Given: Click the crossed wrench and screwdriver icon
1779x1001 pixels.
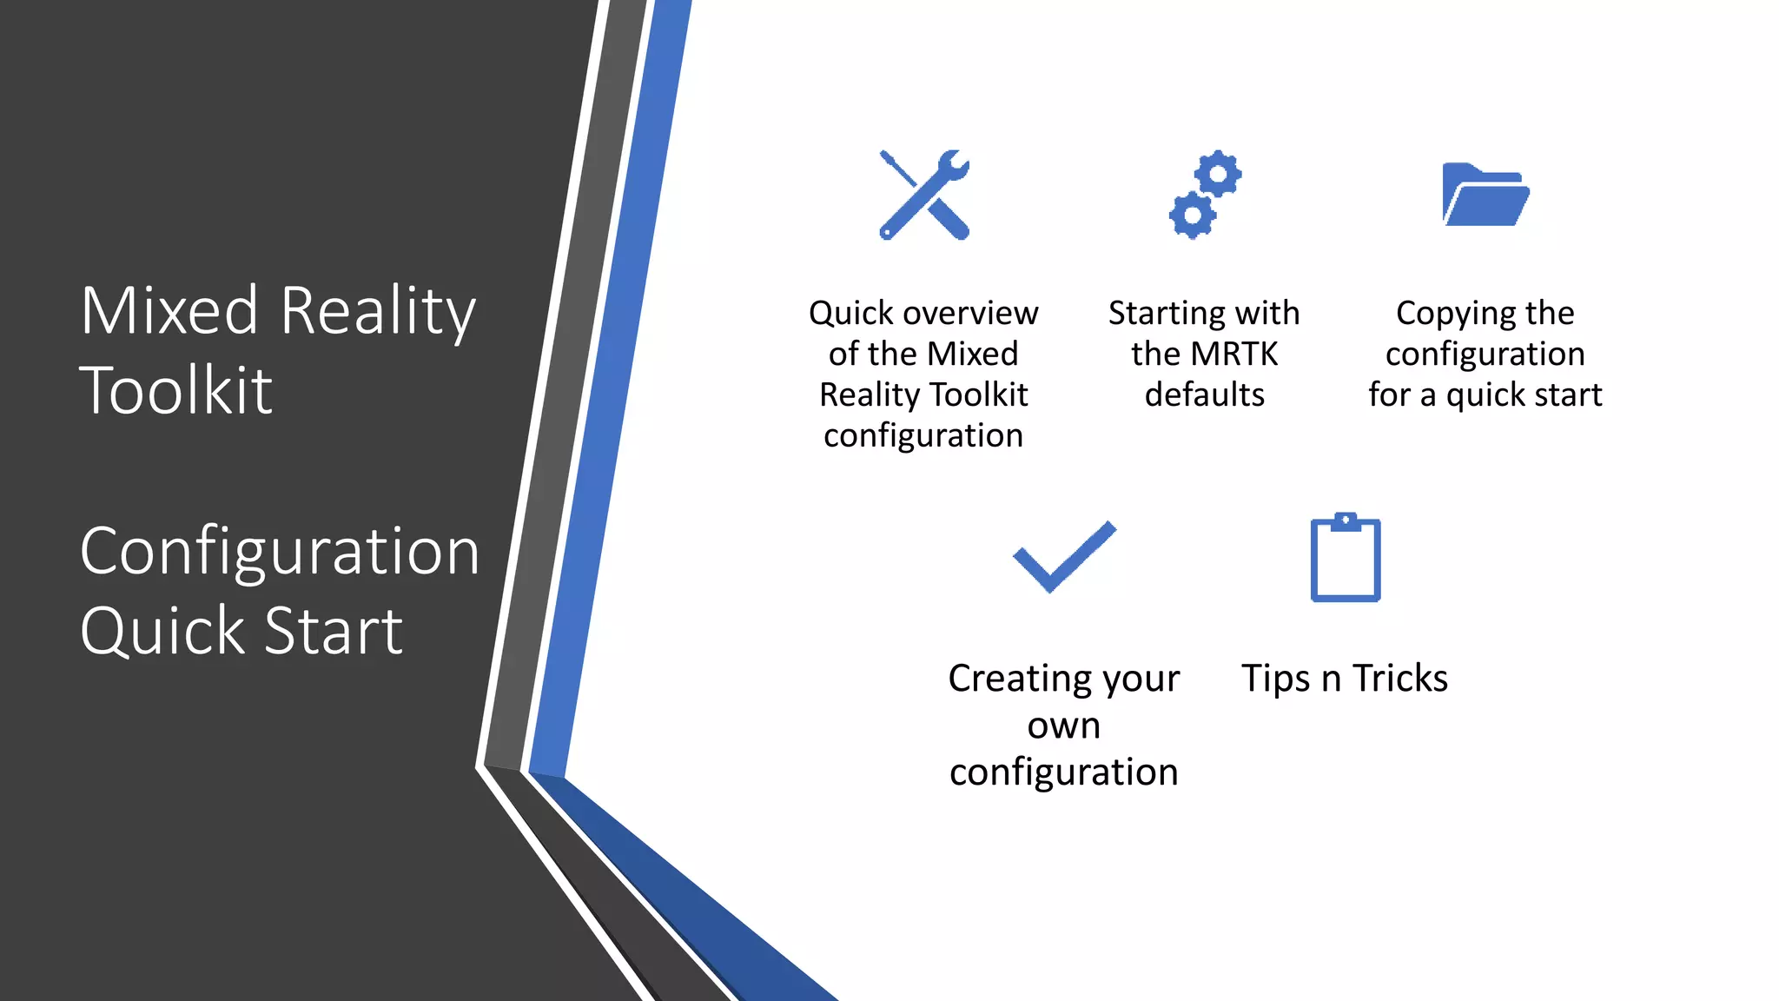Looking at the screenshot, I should (x=923, y=195).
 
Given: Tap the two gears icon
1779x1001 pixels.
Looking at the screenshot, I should (x=1205, y=195).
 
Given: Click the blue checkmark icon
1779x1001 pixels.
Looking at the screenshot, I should (x=1064, y=558).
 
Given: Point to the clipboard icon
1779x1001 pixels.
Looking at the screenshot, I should (x=1346, y=558).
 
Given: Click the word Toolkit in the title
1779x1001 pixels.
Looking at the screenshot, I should (x=176, y=390).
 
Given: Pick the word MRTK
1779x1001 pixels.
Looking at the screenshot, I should (x=1234, y=354).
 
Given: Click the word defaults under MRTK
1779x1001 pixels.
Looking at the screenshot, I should (x=1205, y=394).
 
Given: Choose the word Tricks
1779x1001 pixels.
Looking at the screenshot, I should (x=1400, y=678).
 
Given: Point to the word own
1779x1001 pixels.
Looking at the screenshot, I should (x=1064, y=726).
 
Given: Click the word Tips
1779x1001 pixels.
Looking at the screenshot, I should (x=1275, y=679).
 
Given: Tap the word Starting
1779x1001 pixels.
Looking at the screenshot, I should (x=1167, y=314).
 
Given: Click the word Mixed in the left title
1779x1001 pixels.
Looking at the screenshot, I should (x=169, y=310).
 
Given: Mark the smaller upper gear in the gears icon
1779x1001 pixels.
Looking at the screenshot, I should (x=1218, y=175).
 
